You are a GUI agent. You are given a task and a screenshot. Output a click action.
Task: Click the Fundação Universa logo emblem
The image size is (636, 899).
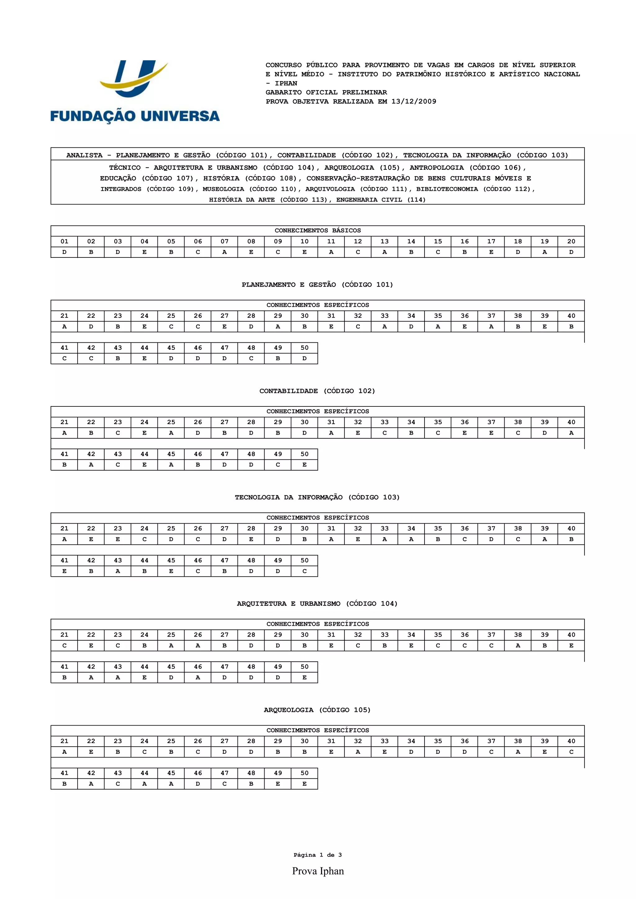(x=133, y=78)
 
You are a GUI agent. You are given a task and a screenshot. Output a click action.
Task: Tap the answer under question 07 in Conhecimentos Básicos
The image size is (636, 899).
(x=224, y=252)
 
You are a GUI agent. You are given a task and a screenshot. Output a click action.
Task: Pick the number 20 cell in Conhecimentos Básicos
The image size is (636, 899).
(x=571, y=241)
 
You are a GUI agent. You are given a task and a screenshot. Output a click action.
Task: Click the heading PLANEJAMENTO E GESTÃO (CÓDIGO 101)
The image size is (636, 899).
(x=317, y=285)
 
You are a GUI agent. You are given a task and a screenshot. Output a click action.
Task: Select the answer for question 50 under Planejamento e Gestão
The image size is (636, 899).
(x=304, y=358)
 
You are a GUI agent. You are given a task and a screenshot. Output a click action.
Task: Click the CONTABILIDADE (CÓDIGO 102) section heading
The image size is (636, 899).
(x=317, y=391)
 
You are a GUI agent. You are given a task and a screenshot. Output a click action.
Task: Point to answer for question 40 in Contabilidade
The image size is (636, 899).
(x=571, y=433)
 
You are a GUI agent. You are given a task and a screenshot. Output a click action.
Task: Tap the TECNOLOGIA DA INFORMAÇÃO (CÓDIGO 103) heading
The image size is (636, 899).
(x=317, y=497)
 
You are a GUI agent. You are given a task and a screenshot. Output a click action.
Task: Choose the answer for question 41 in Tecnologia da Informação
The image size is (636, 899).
(x=64, y=571)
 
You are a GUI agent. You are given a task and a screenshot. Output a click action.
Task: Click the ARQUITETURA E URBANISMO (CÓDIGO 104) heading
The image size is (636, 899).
(x=317, y=603)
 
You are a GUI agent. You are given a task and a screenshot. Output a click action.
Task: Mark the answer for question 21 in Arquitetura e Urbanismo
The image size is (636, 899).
(x=64, y=645)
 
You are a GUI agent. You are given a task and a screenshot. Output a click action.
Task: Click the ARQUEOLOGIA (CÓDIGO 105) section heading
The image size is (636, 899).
(x=317, y=710)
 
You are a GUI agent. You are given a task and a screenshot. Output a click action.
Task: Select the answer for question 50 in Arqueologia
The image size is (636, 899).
(x=304, y=784)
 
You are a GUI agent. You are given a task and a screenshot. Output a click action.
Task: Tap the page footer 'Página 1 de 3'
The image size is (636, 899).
(x=317, y=855)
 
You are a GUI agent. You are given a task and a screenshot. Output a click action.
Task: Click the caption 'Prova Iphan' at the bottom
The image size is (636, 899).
(x=318, y=871)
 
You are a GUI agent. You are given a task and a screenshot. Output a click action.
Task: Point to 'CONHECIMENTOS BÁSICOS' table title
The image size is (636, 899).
(x=317, y=230)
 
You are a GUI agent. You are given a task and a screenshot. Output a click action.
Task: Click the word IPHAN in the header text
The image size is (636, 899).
(x=286, y=83)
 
